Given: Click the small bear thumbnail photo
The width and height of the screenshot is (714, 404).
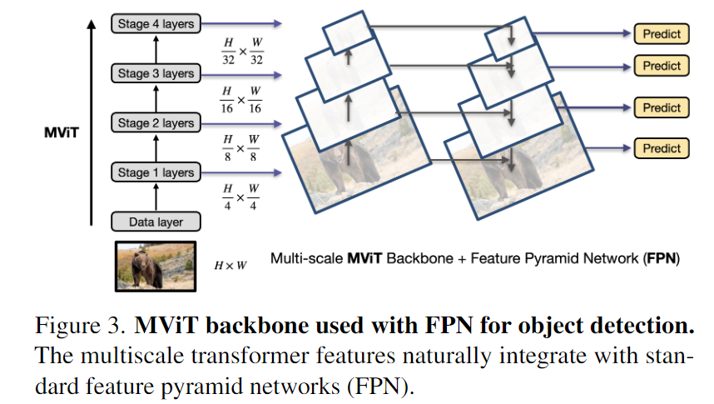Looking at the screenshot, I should click(x=156, y=266).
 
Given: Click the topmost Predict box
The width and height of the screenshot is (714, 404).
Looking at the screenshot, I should click(x=662, y=34).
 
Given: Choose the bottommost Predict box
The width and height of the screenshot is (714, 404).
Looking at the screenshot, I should click(x=662, y=148).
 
